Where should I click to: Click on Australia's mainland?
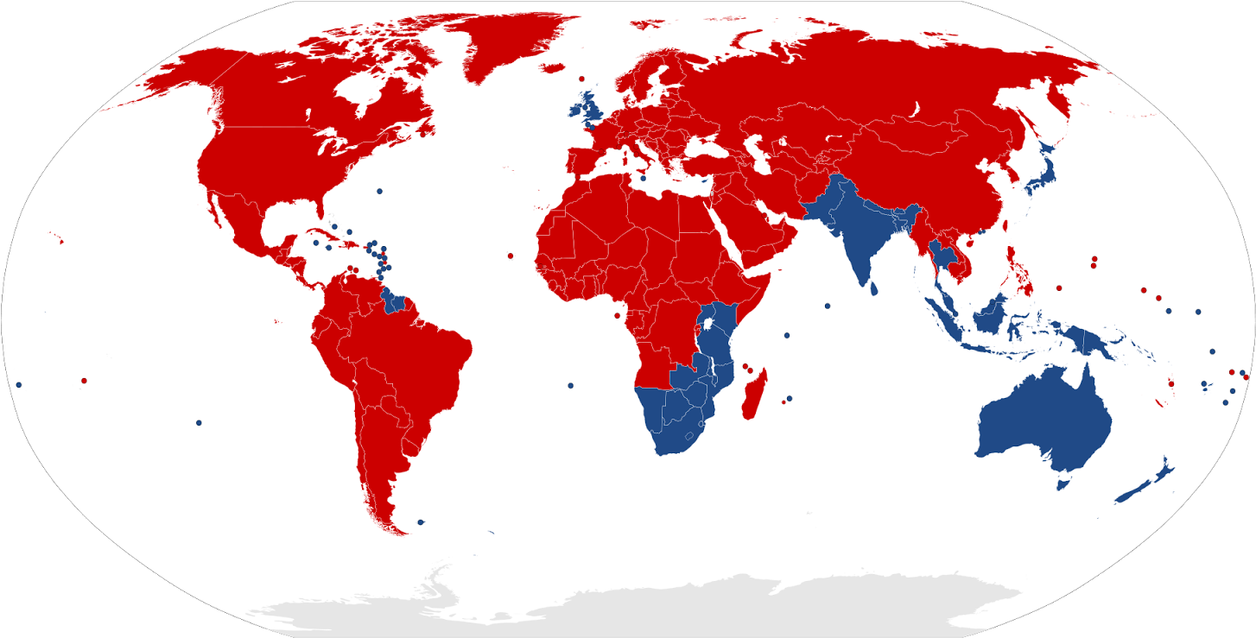[x=1045, y=423]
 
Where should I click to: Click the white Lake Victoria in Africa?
[x=709, y=325]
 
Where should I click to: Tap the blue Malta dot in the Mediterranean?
[x=643, y=179]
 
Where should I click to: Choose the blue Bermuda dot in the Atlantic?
[x=379, y=191]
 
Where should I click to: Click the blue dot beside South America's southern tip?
[x=421, y=521]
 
